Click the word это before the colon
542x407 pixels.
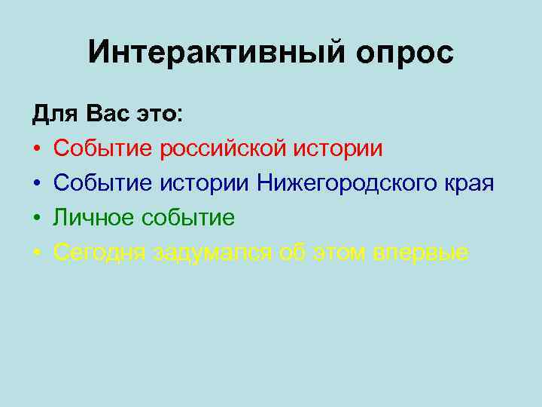[157, 115]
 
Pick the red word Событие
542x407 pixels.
[103, 148]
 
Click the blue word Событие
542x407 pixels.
[103, 183]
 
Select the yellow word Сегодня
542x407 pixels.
[99, 253]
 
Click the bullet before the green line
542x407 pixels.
[36, 219]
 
